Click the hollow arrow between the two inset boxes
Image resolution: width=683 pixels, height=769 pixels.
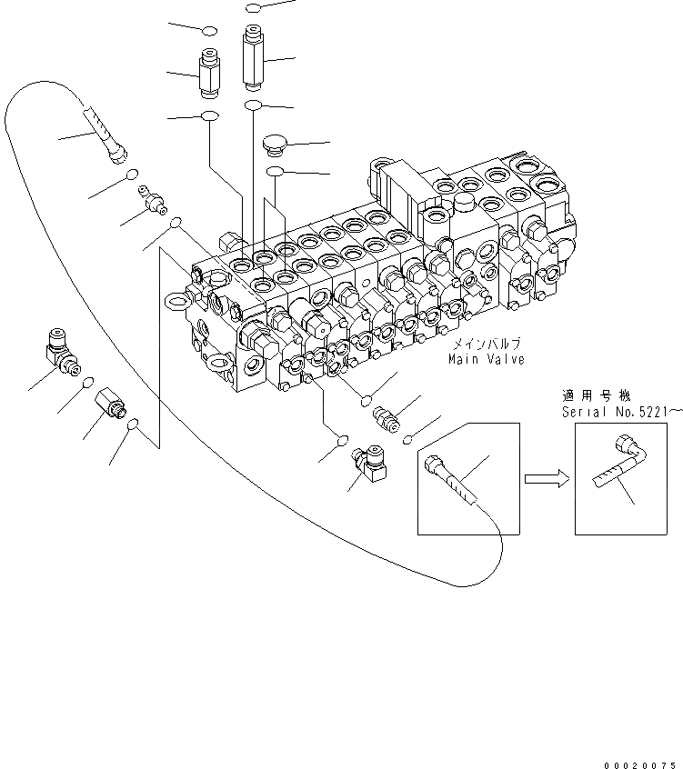546,478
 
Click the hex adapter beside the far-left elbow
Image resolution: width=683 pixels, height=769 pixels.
109,403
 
